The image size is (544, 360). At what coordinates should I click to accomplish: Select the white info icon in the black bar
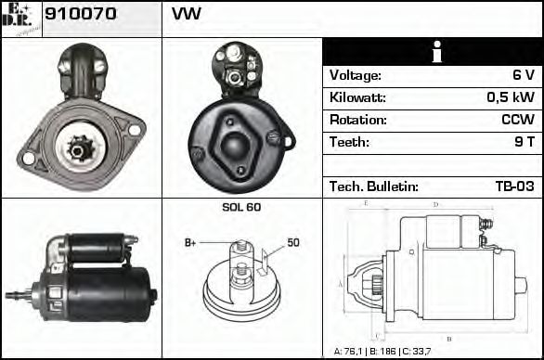coord(433,52)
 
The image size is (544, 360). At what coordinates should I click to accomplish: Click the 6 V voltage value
coord(524,75)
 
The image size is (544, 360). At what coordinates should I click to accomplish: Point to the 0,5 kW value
coord(511,97)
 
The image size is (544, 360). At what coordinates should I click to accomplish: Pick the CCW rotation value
coord(518,120)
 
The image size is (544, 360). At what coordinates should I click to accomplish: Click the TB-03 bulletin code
coord(514,186)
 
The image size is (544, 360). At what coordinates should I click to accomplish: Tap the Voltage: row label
coord(356,75)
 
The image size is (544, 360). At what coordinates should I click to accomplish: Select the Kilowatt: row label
coord(357,97)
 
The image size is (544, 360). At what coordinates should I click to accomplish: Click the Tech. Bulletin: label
coord(374,186)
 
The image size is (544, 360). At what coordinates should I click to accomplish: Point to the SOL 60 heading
coord(241,207)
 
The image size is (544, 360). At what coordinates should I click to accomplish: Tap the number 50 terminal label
coord(292,242)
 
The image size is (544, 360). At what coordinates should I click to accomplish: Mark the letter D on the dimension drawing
coord(436,203)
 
